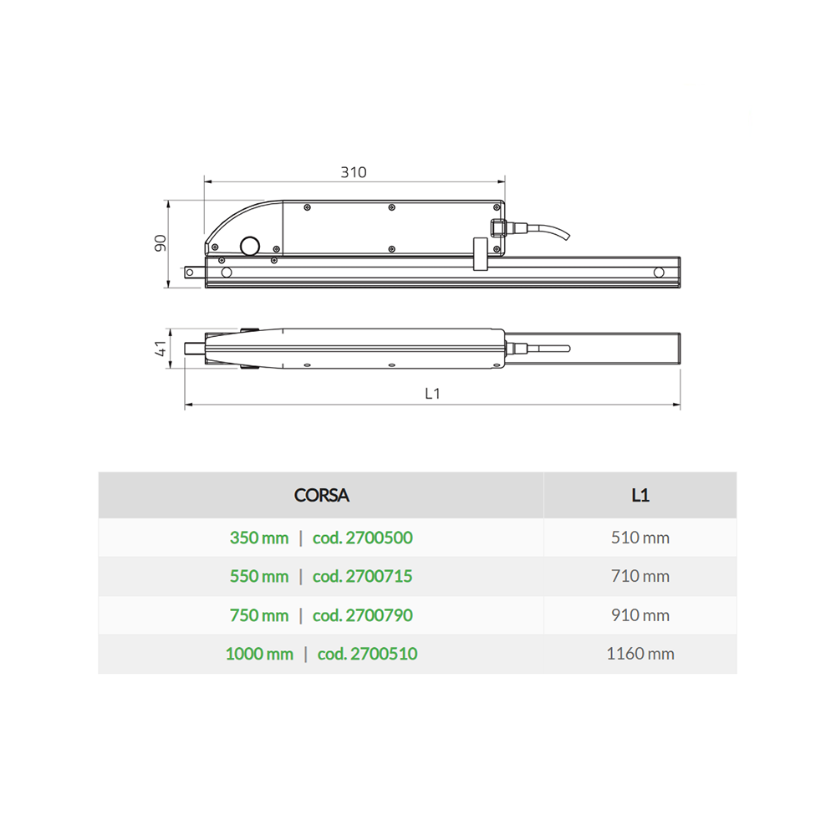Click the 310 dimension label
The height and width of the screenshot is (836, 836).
tap(354, 172)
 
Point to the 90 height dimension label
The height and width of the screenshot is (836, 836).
tap(161, 243)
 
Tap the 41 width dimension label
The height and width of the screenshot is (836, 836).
tap(161, 349)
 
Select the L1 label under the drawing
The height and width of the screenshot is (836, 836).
tap(432, 394)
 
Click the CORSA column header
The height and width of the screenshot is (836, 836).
tap(322, 495)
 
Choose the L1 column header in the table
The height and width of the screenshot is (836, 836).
tap(640, 495)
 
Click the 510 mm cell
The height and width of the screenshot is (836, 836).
tap(640, 538)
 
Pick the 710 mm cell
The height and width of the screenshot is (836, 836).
tap(640, 576)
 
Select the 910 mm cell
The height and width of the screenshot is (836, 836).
tap(640, 615)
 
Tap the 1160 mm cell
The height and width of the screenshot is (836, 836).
tap(640, 654)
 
